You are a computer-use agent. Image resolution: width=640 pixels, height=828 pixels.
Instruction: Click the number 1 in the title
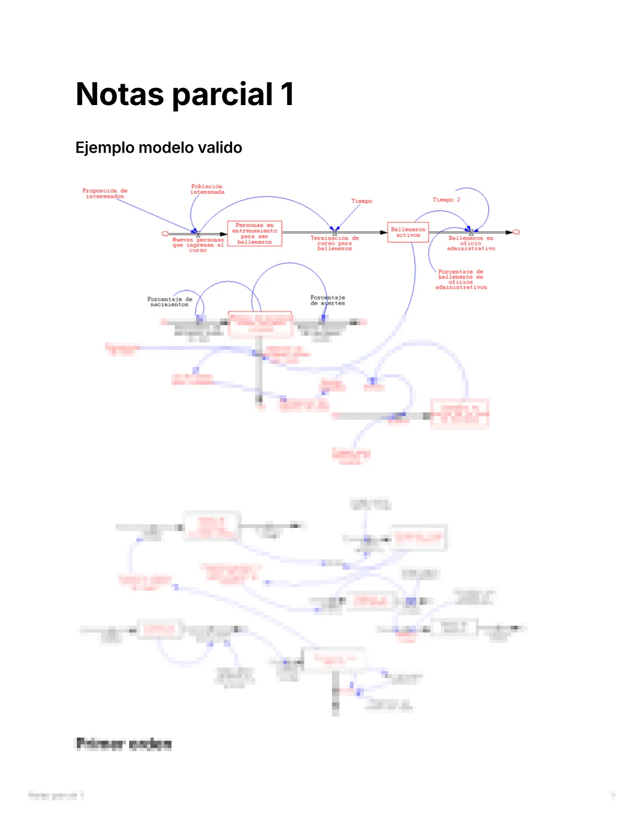(287, 94)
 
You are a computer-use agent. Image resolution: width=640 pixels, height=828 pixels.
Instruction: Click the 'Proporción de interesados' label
(105, 193)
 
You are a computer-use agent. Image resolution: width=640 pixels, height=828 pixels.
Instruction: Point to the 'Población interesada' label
(207, 189)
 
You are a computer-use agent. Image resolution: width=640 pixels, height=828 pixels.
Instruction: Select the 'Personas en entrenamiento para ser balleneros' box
(255, 234)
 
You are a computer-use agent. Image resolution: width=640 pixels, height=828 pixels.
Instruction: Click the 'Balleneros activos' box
(408, 232)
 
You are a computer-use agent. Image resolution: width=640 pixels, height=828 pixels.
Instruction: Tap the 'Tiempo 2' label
(446, 200)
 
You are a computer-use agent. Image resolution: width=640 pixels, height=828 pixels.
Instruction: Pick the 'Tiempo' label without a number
(362, 201)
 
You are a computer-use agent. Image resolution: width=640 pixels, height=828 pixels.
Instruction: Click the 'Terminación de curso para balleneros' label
(335, 243)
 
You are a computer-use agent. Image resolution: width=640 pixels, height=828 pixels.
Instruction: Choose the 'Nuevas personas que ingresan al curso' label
(198, 245)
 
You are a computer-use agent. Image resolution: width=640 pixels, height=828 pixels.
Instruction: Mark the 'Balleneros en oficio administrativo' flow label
(471, 243)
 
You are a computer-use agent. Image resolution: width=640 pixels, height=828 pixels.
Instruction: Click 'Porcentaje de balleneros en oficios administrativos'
(461, 279)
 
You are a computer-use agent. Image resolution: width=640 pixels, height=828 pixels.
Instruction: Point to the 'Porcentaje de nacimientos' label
(169, 302)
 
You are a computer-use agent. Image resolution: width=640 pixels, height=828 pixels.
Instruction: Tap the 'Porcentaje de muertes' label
(327, 300)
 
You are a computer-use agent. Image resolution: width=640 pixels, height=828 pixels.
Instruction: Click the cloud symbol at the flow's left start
(165, 234)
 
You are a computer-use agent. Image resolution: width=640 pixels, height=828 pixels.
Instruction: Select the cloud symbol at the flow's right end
(516, 232)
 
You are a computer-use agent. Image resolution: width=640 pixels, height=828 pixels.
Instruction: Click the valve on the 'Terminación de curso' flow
(335, 231)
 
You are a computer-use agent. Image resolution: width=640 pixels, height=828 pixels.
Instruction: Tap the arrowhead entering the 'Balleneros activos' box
(384, 232)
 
